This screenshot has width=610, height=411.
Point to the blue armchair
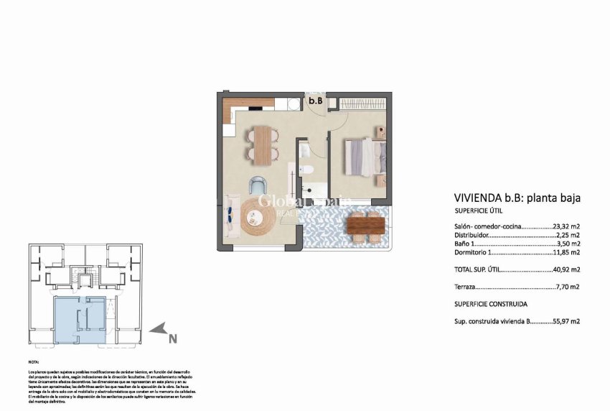coord(258,185)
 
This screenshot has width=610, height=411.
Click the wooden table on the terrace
coord(365,226)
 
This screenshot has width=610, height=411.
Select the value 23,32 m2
coord(567,226)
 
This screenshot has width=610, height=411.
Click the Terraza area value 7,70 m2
coord(568,286)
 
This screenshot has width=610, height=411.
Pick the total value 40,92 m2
coord(566,269)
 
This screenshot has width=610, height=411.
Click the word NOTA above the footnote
coord(34,363)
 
